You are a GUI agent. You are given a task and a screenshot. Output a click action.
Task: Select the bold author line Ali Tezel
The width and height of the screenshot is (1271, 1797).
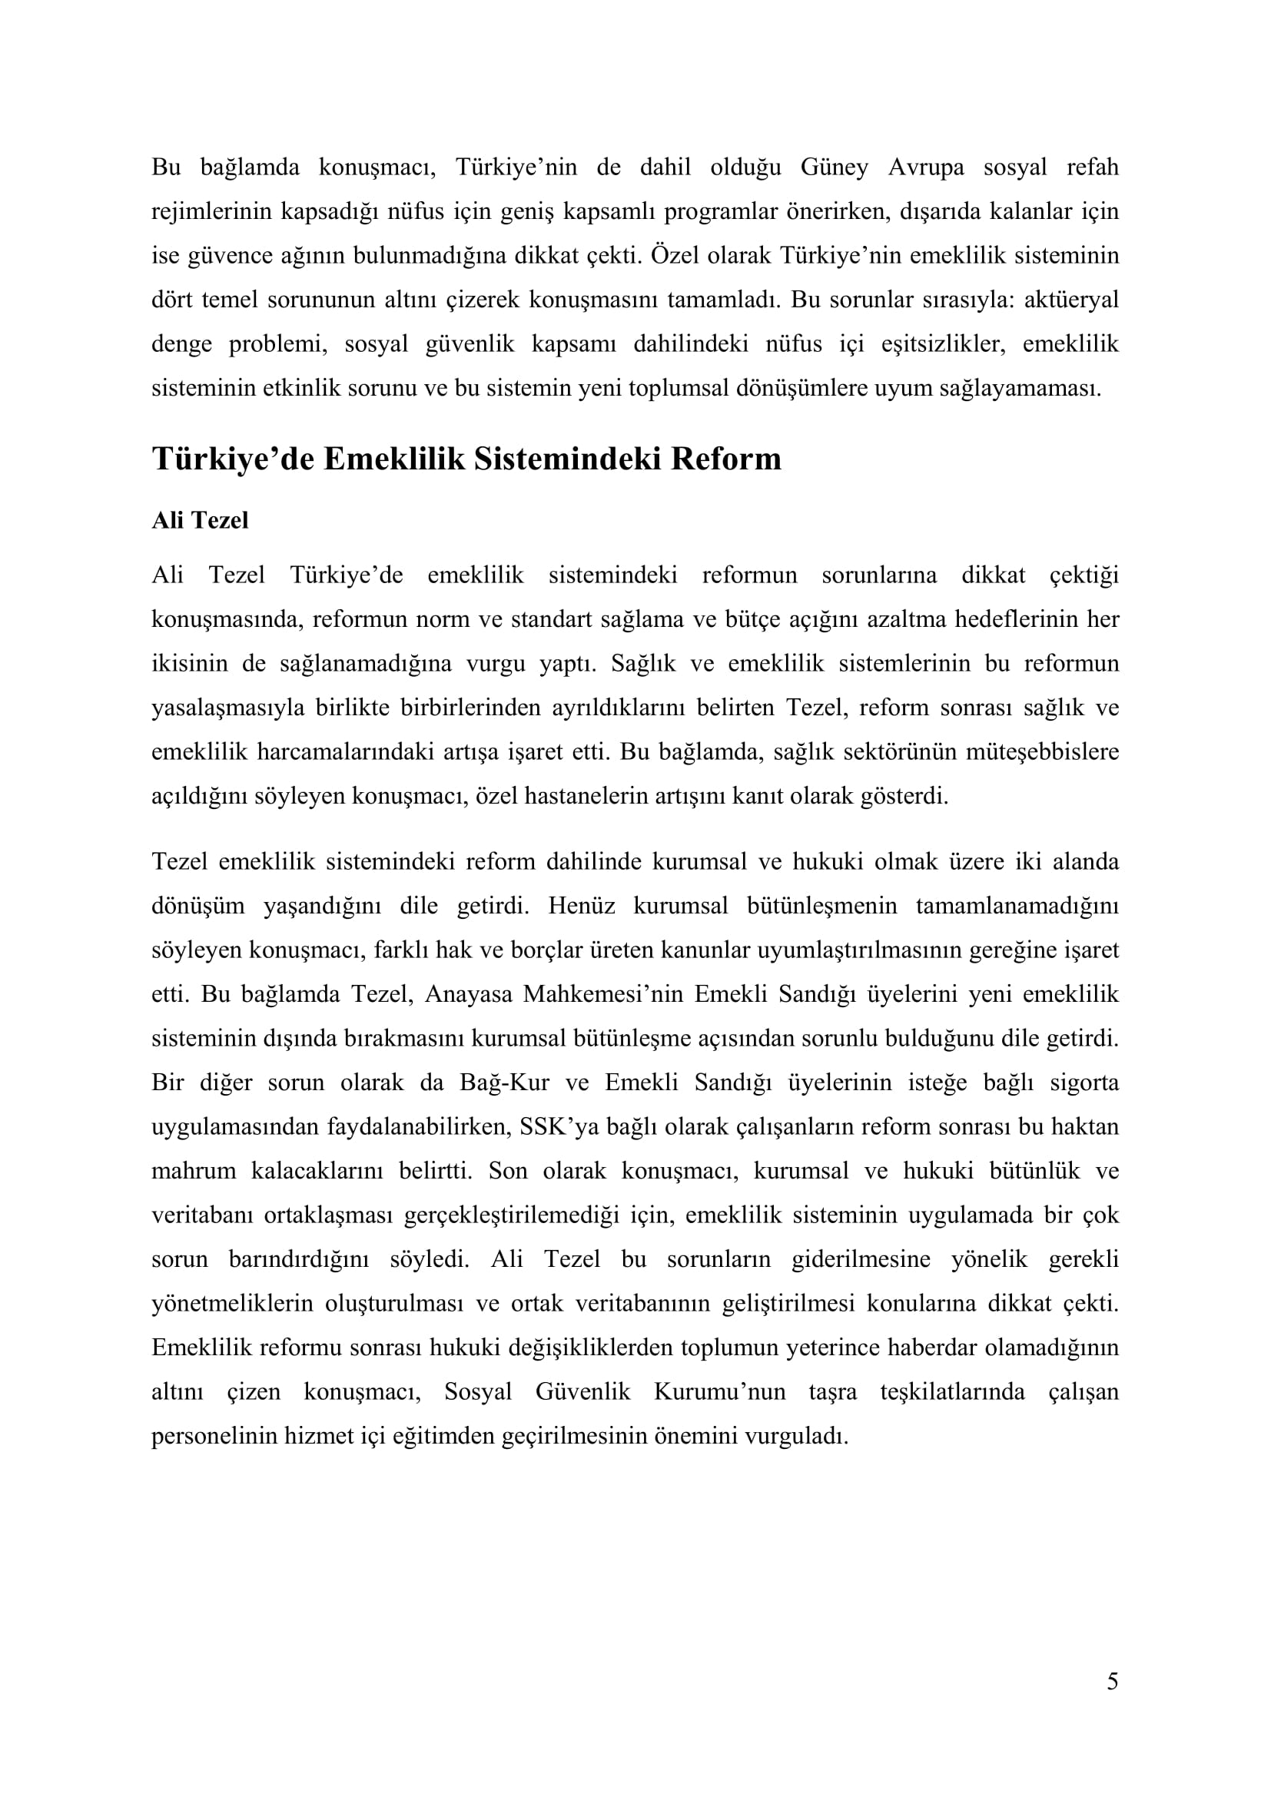point(200,520)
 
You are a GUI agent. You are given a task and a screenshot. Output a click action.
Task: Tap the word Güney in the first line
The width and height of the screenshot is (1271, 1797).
point(835,167)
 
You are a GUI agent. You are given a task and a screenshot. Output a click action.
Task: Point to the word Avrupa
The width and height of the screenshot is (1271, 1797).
point(926,167)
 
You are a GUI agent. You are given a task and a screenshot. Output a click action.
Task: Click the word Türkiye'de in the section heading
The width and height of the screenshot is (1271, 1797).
point(232,459)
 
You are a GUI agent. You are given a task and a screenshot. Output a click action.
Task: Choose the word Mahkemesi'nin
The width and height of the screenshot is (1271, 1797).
point(599,995)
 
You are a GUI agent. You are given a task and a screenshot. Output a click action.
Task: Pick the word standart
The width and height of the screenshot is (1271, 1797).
point(552,620)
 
